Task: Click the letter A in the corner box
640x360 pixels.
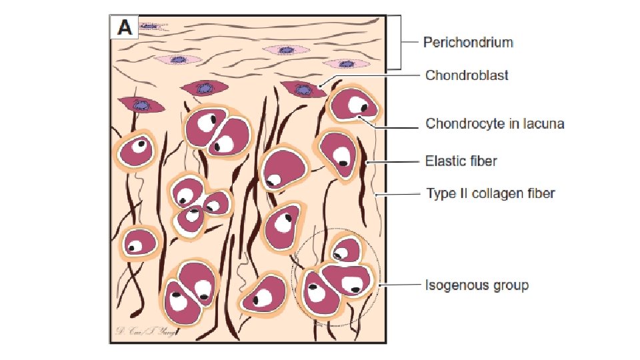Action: coord(125,27)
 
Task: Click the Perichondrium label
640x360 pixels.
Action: coord(468,43)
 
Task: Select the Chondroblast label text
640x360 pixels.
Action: coord(467,75)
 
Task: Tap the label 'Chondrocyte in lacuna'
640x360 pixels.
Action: coord(495,124)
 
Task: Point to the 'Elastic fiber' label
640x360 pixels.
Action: coord(461,161)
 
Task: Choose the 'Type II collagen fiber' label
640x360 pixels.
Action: coord(490,194)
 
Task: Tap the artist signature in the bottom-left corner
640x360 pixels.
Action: coord(143,331)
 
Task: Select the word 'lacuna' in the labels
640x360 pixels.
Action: coord(545,124)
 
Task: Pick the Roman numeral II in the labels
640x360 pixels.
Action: coord(458,194)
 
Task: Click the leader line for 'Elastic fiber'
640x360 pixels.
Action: coord(393,161)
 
